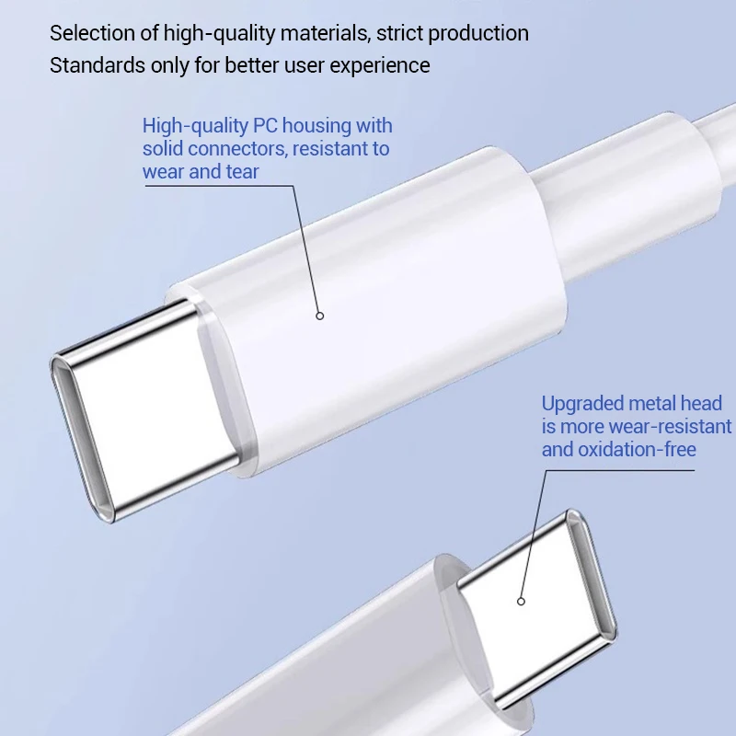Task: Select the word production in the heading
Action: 476,34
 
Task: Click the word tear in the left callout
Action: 243,171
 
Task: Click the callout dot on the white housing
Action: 320,316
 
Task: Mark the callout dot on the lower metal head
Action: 521,602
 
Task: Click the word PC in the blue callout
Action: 265,126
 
